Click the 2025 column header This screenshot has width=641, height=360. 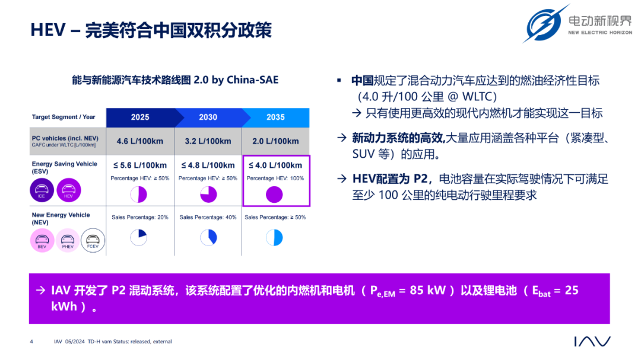coord(140,117)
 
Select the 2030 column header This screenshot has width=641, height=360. coord(208,117)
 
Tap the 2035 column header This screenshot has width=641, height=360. coord(275,117)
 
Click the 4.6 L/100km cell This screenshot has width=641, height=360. coord(140,141)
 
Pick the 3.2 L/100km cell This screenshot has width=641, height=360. coord(208,141)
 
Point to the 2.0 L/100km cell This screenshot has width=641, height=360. coord(275,141)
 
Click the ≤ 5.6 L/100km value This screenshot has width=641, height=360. coord(140,165)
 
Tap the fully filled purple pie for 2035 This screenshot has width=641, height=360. coord(274,195)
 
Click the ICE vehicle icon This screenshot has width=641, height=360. coord(42,190)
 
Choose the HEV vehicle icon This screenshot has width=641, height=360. coord(69,190)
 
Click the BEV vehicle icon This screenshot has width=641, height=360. coord(42,240)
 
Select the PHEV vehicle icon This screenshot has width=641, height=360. coord(68,240)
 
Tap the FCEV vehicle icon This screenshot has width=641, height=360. coord(93,240)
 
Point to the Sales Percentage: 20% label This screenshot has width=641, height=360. coord(140,218)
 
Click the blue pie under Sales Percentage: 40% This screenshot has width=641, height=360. coord(208,237)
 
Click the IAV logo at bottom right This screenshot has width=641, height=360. coord(592,341)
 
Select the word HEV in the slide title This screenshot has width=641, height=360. coord(48,30)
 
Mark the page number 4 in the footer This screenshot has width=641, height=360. coord(31,342)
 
